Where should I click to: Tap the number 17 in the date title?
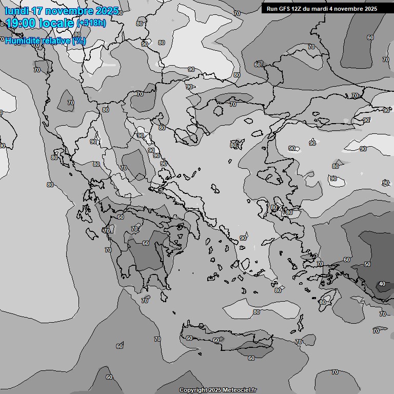click(42, 11)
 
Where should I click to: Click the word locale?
click(58, 23)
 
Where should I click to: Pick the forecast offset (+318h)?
click(91, 23)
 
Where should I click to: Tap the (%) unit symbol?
click(78, 41)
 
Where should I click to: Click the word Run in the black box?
click(271, 9)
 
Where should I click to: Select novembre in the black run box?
click(350, 9)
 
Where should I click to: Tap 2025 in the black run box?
click(370, 9)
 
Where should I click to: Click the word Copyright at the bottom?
click(193, 390)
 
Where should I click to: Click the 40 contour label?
click(382, 284)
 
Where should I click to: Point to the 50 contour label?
click(367, 264)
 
